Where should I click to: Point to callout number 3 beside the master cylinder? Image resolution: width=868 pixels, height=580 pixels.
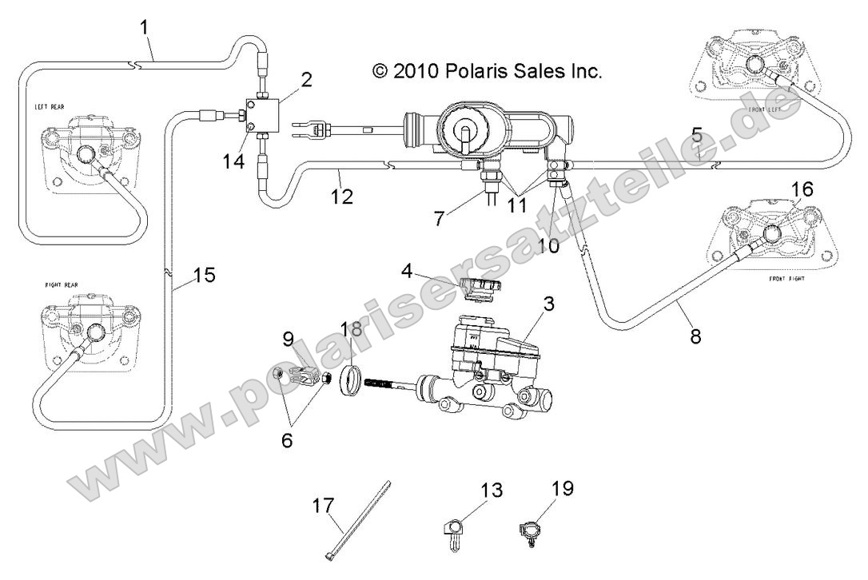pos(548,304)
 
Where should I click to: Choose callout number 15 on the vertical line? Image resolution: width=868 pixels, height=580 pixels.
pos(205,276)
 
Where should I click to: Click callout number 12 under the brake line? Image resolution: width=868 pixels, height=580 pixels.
pos(342,196)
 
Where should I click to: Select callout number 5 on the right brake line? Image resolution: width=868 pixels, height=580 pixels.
pos(697,135)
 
